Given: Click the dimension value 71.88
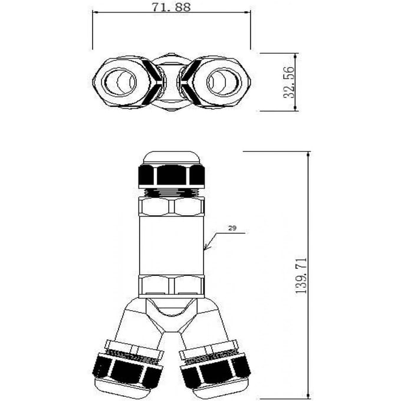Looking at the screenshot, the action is click(x=171, y=7).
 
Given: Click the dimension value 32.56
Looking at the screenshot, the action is click(x=289, y=82).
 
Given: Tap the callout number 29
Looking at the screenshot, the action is click(x=232, y=228).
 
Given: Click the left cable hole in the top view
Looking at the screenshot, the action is click(x=119, y=82).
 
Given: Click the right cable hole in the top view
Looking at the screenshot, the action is click(x=224, y=82).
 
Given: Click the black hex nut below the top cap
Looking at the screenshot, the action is click(x=171, y=176).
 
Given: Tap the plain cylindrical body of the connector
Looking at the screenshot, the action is click(x=172, y=246).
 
